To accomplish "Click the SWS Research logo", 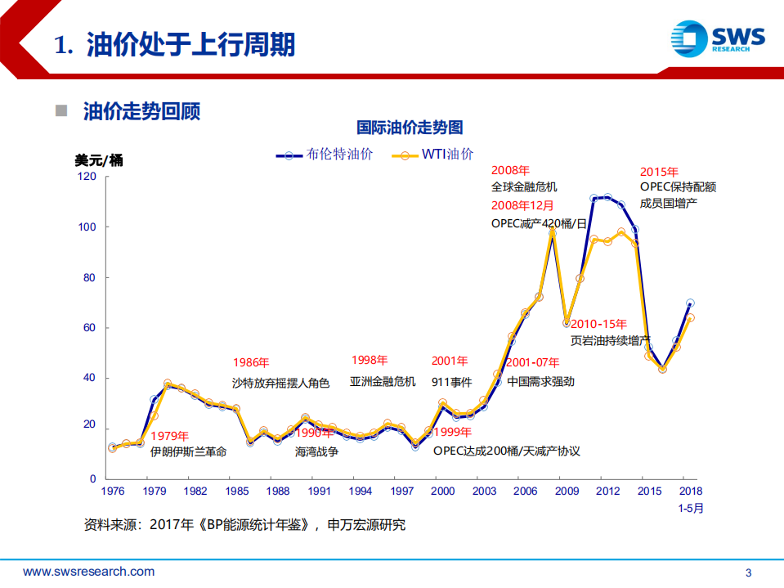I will pyautogui.click(x=717, y=38).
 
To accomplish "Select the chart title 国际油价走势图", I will pyautogui.click(x=410, y=128).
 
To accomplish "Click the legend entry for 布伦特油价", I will pyautogui.click(x=325, y=154).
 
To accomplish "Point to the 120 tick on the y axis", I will pyautogui.click(x=87, y=177).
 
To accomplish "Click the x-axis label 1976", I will pyautogui.click(x=112, y=491).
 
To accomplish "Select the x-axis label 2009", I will pyautogui.click(x=567, y=491).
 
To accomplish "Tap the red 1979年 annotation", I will pyautogui.click(x=169, y=436).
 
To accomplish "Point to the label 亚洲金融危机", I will pyautogui.click(x=383, y=381).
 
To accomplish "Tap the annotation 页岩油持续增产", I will pyautogui.click(x=610, y=339).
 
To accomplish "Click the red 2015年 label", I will pyautogui.click(x=659, y=172).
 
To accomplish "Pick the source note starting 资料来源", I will pyautogui.click(x=244, y=525).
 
